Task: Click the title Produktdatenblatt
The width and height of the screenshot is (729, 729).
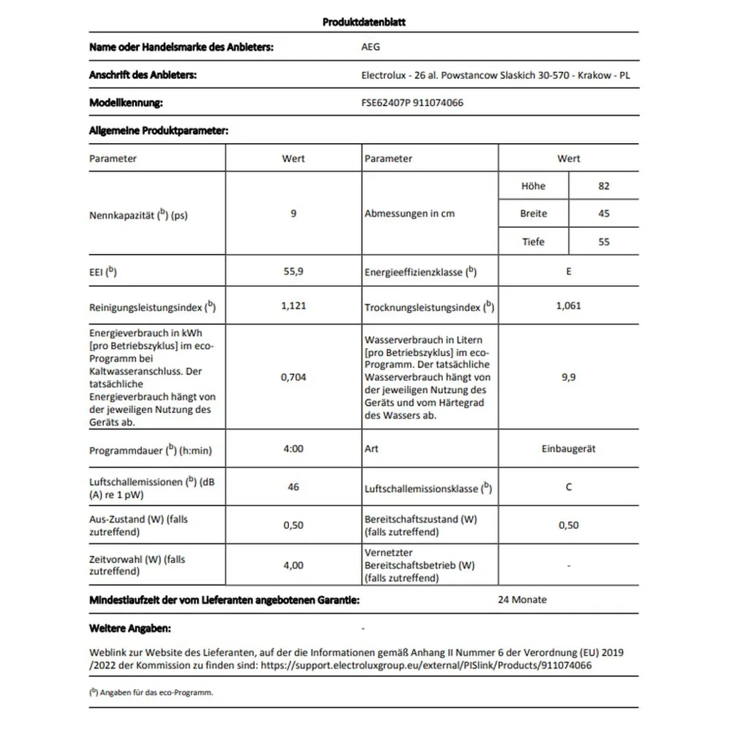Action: coord(364,22)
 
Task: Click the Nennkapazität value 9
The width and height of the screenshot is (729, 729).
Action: coord(293,213)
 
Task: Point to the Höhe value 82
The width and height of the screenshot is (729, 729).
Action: coord(604,186)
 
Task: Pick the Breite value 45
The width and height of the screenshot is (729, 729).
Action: coord(604,214)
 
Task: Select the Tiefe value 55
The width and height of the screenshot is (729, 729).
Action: coord(604,241)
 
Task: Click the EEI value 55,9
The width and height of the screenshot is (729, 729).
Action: coord(293,271)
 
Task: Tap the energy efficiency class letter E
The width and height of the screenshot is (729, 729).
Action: coord(568,271)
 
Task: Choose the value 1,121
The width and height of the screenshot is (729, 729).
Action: coord(293,305)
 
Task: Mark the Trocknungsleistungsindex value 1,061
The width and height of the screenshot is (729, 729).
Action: coord(568,305)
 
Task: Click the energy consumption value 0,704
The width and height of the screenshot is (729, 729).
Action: coord(293,377)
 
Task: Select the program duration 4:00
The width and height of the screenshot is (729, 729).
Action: coord(293,449)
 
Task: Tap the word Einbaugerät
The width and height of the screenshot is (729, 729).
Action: coord(568,449)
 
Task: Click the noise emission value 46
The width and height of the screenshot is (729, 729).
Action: coord(293,487)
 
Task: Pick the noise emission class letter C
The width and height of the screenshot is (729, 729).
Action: coord(568,487)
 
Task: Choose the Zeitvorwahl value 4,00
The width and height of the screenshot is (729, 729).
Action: coord(293,565)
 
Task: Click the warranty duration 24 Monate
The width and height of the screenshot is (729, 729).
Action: coord(522,599)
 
